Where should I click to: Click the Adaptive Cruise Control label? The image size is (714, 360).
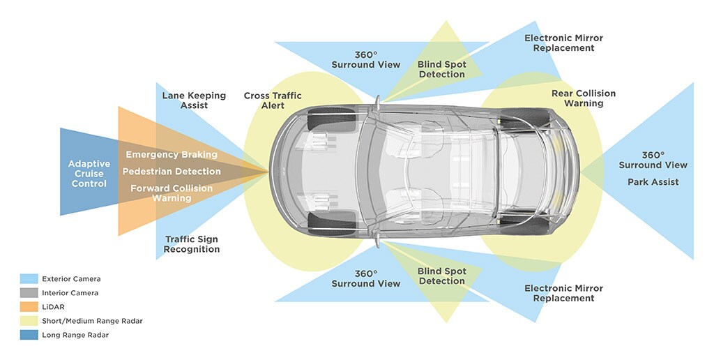coord(89,174)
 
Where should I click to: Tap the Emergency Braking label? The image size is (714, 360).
coord(172,154)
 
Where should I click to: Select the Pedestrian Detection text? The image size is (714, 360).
coord(172,171)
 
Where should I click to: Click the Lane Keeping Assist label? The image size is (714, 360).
coord(194,100)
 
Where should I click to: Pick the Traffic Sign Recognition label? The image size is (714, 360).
coord(192,244)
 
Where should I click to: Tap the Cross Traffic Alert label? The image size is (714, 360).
coord(273,100)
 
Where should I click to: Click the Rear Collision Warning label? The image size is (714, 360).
coord(583,98)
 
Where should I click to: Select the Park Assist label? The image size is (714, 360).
coord(653,182)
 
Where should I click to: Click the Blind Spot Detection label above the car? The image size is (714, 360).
coord(441,69)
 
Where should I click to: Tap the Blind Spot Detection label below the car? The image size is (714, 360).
coord(441,276)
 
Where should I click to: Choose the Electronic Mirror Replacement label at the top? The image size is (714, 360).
coord(563,43)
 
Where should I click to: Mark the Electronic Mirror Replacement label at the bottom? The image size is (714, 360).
coord(563,293)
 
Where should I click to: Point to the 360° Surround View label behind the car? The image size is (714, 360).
coord(653,160)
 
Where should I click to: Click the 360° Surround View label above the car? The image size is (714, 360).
coord(365,59)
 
